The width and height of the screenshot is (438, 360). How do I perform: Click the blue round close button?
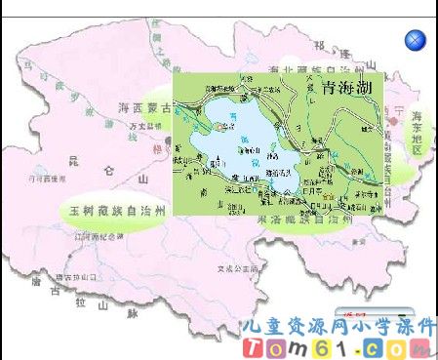click(x=415, y=40)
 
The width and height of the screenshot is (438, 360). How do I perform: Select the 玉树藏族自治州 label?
click(x=115, y=211)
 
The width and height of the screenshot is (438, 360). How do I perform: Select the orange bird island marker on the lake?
click(x=226, y=126)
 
